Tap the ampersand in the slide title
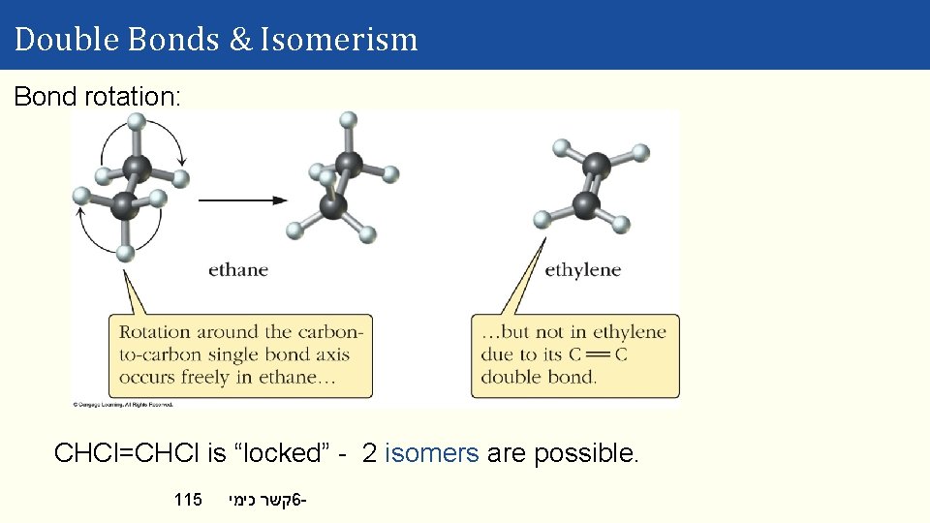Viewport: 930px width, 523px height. (x=240, y=40)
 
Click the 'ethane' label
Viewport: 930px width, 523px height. (x=238, y=269)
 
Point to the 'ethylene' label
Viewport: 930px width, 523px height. (x=582, y=269)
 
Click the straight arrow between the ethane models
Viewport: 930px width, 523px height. (x=243, y=200)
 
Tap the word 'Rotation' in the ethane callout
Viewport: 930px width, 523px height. (x=155, y=332)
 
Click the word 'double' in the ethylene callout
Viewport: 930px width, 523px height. (x=510, y=377)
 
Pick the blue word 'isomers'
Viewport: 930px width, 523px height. (x=432, y=453)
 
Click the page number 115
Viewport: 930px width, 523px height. (x=188, y=500)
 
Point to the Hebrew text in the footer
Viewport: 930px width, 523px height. (x=267, y=500)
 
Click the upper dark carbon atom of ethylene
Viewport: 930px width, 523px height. (x=597, y=166)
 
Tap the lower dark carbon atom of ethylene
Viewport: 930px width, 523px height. (x=585, y=204)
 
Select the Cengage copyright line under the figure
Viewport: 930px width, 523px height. (x=122, y=404)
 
